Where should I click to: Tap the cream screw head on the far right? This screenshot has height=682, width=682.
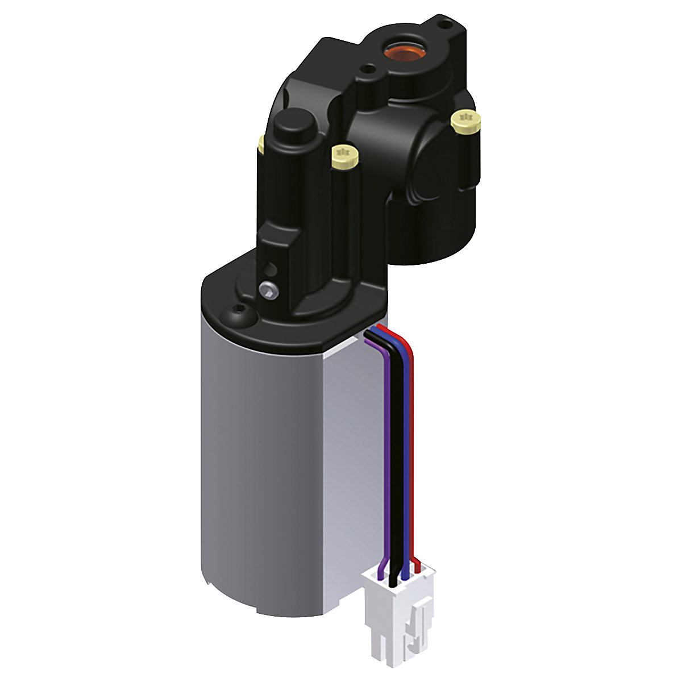465,120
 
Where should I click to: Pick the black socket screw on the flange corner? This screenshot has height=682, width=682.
239,311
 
